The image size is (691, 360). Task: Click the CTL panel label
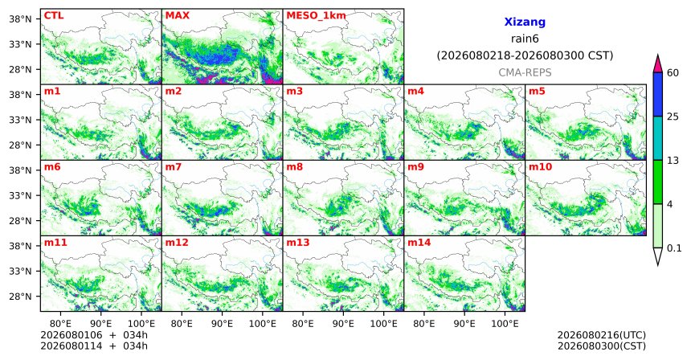pos(54,16)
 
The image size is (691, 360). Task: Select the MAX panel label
pos(177,16)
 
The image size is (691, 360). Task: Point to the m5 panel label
pos(537,92)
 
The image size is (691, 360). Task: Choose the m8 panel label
pos(295,167)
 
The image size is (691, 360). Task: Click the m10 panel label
pos(540,167)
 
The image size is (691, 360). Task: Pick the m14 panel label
pos(419,243)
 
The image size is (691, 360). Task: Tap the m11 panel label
pos(55,243)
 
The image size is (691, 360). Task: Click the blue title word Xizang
pos(525,22)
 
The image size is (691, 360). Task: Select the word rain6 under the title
pos(525,39)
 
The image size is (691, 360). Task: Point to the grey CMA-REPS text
pos(525,72)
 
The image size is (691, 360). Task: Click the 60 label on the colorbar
pos(673,73)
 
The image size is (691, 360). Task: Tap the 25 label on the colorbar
pos(673,117)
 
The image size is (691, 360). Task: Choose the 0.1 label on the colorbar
pos(674,248)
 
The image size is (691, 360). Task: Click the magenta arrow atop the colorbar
pos(658,64)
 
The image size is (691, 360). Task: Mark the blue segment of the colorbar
pos(658,94)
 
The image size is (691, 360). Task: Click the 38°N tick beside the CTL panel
pos(20,19)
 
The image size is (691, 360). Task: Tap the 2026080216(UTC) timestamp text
pos(602,336)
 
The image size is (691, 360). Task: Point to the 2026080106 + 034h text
pos(94,336)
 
